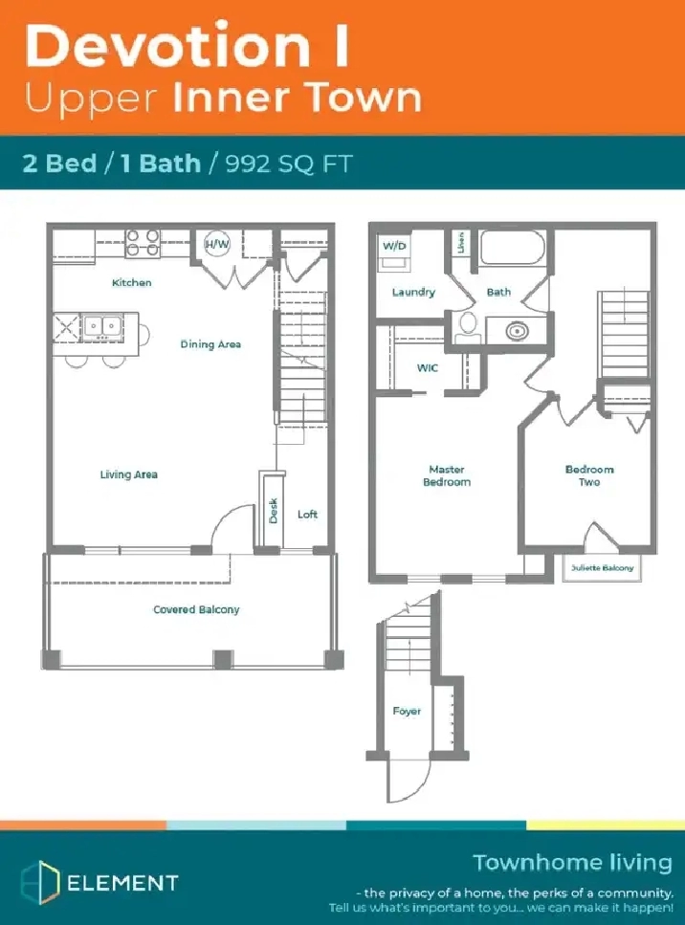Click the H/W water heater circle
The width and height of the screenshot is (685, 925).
tap(217, 244)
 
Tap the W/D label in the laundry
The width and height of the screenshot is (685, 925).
tap(394, 246)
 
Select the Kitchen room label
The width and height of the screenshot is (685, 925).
tap(132, 282)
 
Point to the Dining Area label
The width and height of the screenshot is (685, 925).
tap(210, 344)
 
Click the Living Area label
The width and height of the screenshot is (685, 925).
tap(128, 474)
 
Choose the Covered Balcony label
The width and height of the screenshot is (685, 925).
tap(196, 609)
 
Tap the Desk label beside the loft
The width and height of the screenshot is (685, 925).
tap(274, 510)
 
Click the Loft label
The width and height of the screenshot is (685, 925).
tap(307, 515)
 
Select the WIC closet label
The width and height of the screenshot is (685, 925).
tap(428, 368)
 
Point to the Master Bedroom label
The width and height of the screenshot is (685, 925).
tap(447, 475)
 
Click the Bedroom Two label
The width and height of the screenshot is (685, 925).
tap(589, 475)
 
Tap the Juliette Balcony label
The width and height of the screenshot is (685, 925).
tap(602, 567)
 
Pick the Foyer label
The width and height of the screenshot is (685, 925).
tap(408, 712)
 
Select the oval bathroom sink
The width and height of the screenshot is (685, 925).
tap(517, 331)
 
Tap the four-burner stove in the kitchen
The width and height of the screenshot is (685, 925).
tap(143, 243)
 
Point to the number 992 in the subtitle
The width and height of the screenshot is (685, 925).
tap(248, 164)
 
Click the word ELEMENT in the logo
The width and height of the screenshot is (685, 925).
tap(122, 883)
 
